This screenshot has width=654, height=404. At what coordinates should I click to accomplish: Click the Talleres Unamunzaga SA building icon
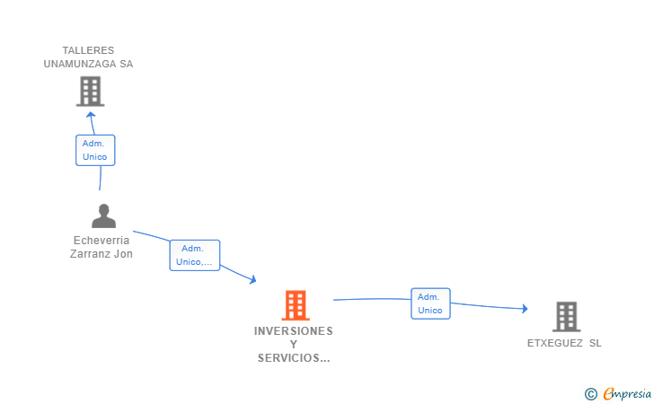coord(90,91)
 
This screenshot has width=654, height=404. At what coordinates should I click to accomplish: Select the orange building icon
coord(295,305)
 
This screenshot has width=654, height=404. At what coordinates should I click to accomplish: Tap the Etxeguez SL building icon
coord(566,317)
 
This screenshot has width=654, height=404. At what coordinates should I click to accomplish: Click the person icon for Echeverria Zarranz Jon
coord(104,216)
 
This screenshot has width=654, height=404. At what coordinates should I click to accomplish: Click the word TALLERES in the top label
coord(88,50)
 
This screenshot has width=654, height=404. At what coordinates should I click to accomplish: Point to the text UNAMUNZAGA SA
coord(88,64)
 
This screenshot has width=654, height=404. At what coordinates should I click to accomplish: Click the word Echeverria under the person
coord(102,241)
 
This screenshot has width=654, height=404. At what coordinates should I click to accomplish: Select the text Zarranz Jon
coord(102,254)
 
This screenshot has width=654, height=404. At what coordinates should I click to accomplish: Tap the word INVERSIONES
coord(294,331)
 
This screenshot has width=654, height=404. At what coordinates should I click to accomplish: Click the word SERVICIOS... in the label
coord(294,358)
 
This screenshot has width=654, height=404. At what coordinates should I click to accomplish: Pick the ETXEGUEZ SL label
coord(565,343)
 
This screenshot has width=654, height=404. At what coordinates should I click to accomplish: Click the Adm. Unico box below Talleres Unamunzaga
coord(94,150)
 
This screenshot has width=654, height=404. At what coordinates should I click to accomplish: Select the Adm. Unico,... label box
coord(194,255)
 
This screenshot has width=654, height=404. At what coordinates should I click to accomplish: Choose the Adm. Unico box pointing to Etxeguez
coord(430,303)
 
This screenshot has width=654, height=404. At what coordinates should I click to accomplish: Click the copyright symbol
coord(590,393)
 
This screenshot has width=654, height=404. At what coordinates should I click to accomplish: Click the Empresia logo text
coord(627,393)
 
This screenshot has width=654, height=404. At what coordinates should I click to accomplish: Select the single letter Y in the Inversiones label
coord(294,345)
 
